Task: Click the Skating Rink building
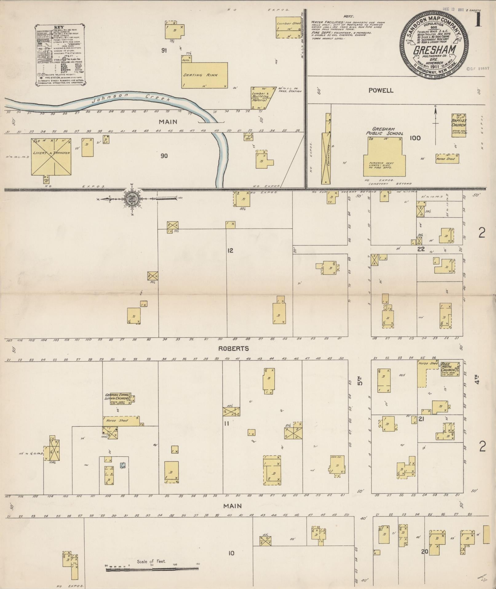coord(204,75)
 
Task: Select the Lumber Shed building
coord(288,27)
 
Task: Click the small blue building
coord(122,465)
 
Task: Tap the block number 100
coord(415,138)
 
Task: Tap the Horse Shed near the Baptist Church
coord(447,159)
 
